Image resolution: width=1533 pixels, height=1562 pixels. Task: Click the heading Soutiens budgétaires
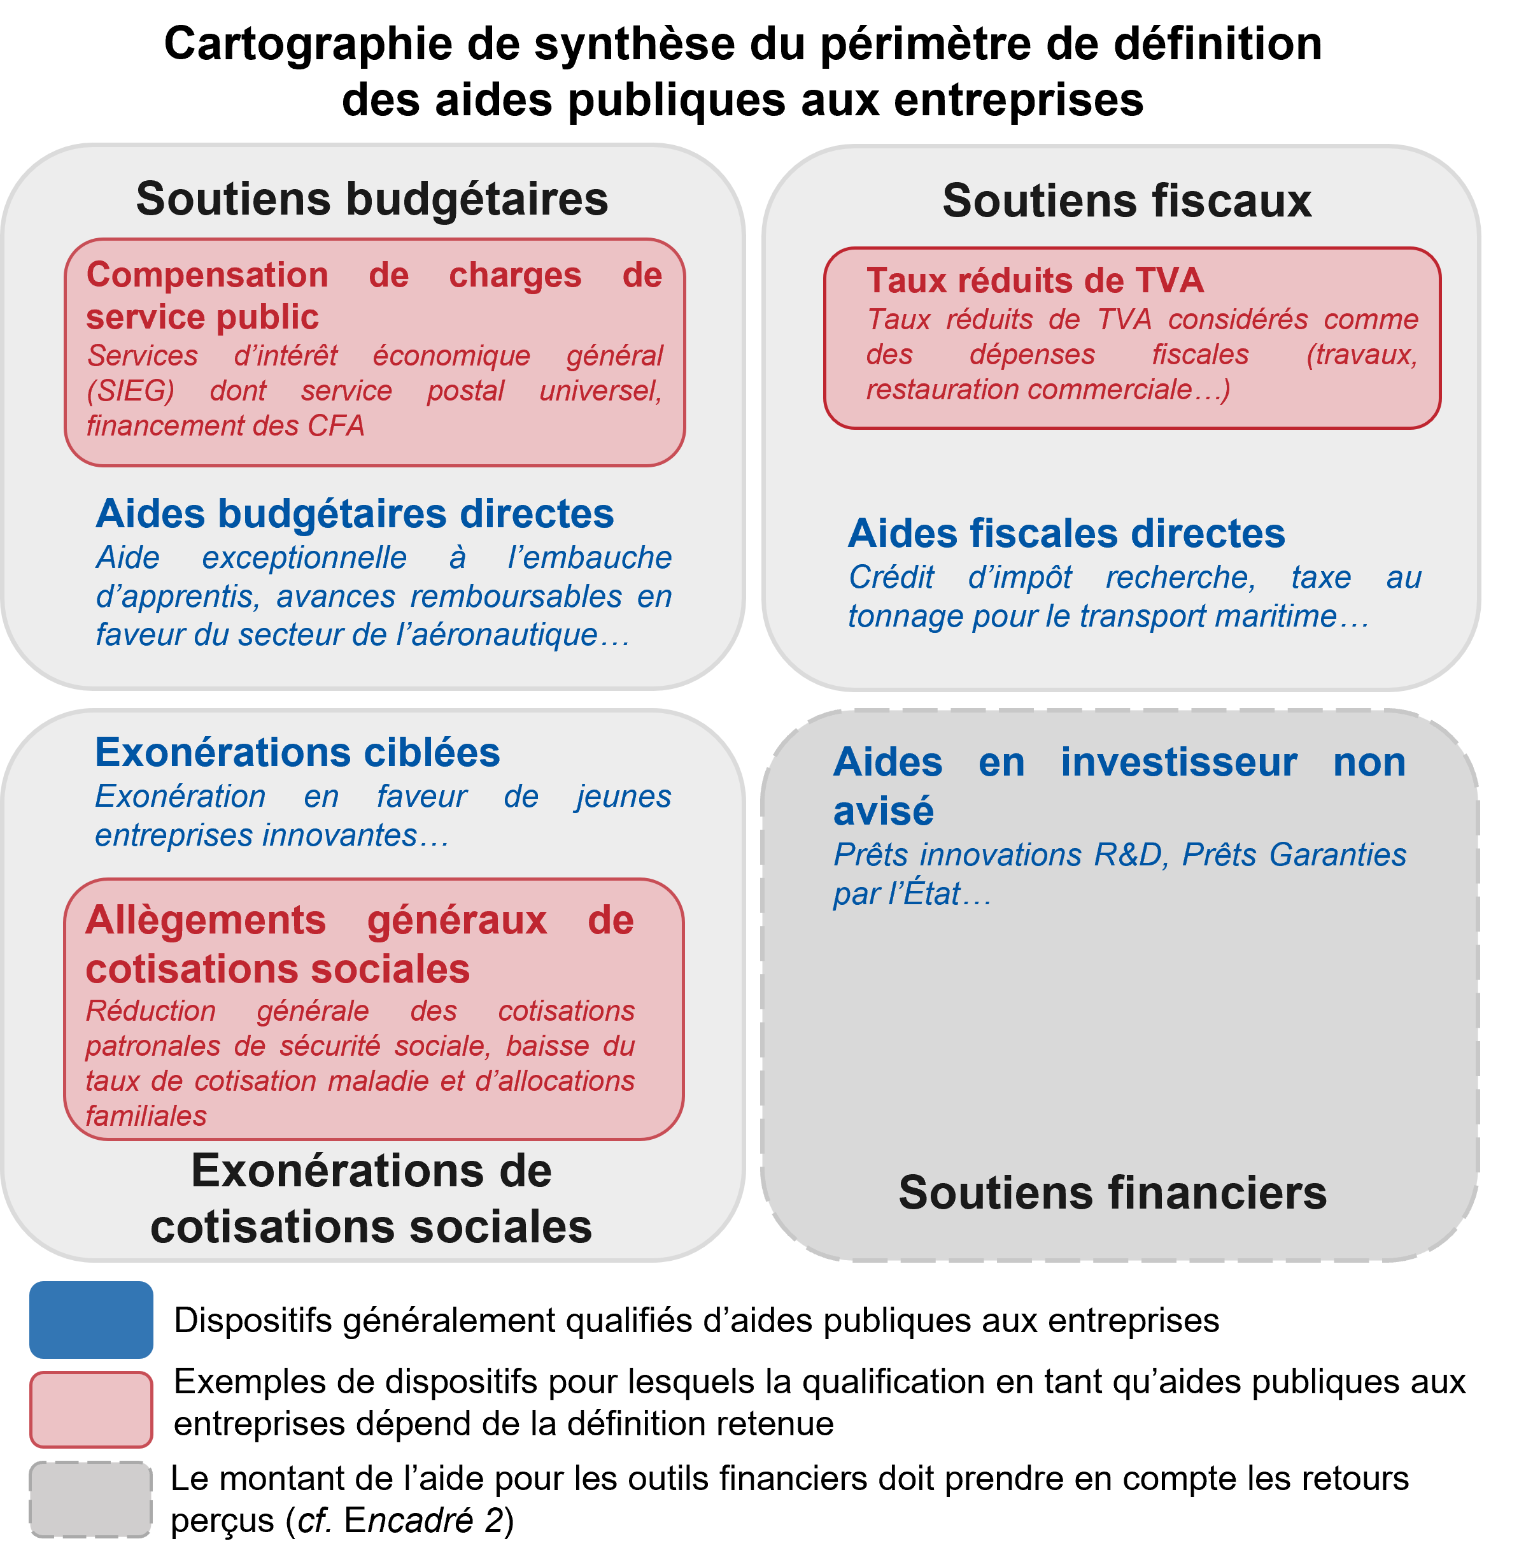pos(372,199)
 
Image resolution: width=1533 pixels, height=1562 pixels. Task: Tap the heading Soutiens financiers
pos(1113,1193)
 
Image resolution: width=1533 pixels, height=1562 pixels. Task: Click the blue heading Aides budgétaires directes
pos(354,514)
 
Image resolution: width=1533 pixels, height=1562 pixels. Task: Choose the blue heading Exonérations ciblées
pos(297,752)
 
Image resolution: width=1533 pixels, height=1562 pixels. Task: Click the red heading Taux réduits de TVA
pos(1035,280)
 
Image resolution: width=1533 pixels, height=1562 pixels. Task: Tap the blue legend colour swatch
pos(91,1319)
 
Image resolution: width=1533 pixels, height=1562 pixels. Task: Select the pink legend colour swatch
pos(91,1409)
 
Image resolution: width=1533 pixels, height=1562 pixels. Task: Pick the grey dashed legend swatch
pos(91,1499)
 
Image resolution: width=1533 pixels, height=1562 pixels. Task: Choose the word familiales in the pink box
pos(146,1116)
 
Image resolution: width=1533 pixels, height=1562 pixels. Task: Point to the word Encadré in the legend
pos(409,1521)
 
